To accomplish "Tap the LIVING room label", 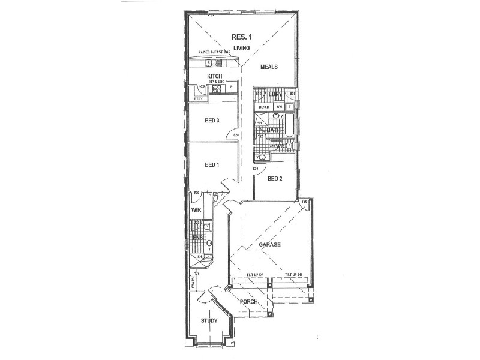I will [241, 47].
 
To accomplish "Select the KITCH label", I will [215, 76].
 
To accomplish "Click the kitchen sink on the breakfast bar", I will [211, 62].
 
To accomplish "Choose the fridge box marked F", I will [231, 88].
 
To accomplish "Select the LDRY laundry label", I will [275, 95].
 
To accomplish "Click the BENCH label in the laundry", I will [264, 107].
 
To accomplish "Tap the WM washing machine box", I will [280, 107].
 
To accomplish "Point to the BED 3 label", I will [212, 121].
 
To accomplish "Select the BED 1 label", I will [212, 165].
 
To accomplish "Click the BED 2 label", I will [275, 179].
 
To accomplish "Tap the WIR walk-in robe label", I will [196, 211].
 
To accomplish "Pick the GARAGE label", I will [270, 245].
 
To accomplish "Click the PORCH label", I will [248, 301].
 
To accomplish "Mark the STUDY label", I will [209, 321].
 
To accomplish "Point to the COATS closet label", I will [193, 283].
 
